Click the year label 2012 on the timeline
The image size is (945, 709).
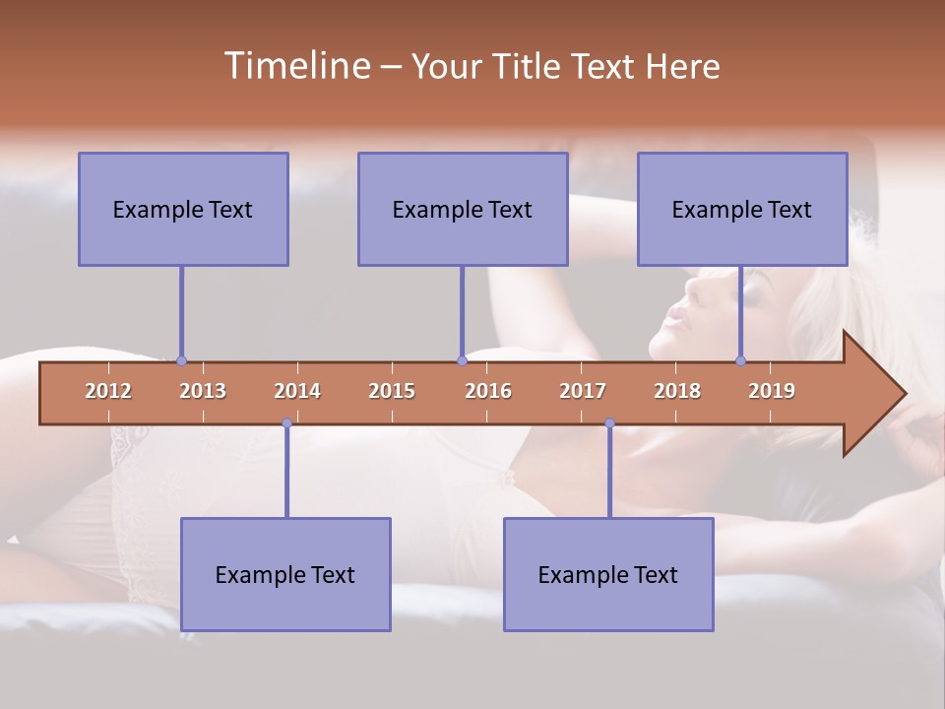pyautogui.click(x=108, y=391)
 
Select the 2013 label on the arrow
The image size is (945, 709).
pyautogui.click(x=203, y=391)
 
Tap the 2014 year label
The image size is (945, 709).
pyautogui.click(x=297, y=391)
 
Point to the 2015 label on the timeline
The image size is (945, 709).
pyautogui.click(x=392, y=391)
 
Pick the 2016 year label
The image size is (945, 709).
pyautogui.click(x=488, y=391)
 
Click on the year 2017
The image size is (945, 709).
pyautogui.click(x=583, y=391)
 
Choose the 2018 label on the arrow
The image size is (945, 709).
pyautogui.click(x=677, y=391)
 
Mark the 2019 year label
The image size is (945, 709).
pyautogui.click(x=772, y=391)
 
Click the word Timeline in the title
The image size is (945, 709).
pyautogui.click(x=296, y=66)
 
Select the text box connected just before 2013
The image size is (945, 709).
pyautogui.click(x=183, y=209)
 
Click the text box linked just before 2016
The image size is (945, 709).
pyautogui.click(x=463, y=209)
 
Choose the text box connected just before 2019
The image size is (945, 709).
pyautogui.click(x=742, y=209)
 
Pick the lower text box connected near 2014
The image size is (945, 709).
pyautogui.click(x=285, y=574)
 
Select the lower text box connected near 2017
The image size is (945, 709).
pyautogui.click(x=608, y=574)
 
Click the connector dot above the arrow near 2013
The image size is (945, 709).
pyautogui.click(x=181, y=360)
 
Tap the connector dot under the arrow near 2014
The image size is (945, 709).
pyautogui.click(x=286, y=423)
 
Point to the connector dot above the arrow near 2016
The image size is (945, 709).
pyautogui.click(x=462, y=360)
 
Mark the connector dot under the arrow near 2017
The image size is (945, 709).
pyautogui.click(x=609, y=423)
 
